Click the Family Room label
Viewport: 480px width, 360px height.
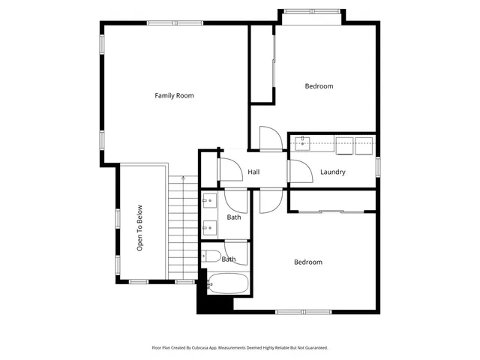tap(174, 95)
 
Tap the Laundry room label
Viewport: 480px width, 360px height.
tap(332, 172)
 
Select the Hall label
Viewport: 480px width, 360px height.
tap(253, 172)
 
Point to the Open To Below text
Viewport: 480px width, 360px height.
tap(139, 228)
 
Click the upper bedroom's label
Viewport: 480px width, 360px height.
tap(319, 86)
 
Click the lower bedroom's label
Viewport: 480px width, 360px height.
tap(307, 262)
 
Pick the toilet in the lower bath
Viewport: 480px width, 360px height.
tap(211, 257)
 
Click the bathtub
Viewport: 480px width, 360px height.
tap(228, 284)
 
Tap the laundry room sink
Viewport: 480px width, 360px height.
tap(302, 142)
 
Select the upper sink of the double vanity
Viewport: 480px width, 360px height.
tap(210, 201)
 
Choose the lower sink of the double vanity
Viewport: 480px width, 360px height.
tap(210, 226)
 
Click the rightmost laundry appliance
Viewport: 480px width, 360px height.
tap(365, 143)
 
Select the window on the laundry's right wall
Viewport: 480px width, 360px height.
tap(378, 166)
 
